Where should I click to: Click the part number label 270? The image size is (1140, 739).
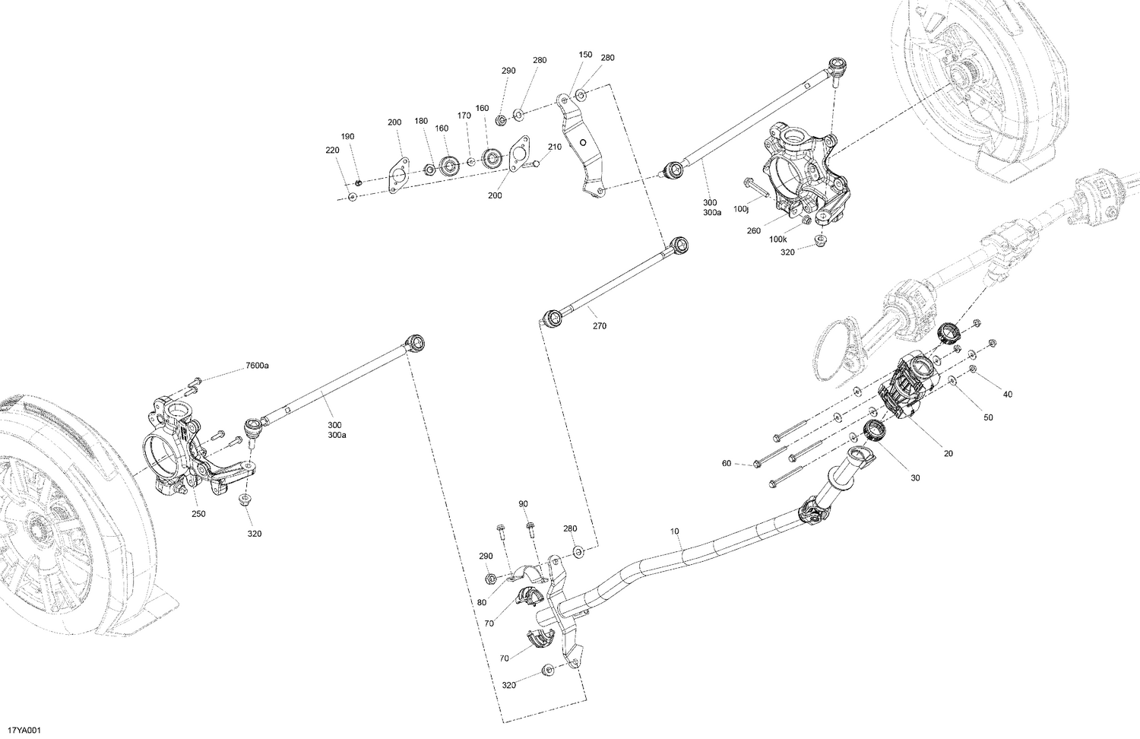(600, 326)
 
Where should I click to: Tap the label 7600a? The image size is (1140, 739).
(257, 366)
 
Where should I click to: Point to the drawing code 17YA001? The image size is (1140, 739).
(21, 731)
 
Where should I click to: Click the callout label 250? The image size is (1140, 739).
(198, 514)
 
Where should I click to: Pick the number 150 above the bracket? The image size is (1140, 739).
(585, 55)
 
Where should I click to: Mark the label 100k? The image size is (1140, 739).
(777, 239)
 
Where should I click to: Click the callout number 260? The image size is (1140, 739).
(753, 231)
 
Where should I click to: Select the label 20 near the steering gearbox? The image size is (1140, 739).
(948, 454)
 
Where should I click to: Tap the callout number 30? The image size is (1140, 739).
(915, 478)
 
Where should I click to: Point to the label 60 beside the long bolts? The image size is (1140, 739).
(727, 463)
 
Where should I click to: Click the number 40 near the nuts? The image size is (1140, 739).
(1008, 395)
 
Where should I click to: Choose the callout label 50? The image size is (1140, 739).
(988, 417)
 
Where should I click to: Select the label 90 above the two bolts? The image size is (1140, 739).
(523, 504)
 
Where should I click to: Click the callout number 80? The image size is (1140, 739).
(482, 603)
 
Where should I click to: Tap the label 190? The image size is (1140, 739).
(347, 137)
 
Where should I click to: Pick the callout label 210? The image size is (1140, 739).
(555, 147)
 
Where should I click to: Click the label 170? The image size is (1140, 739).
(464, 116)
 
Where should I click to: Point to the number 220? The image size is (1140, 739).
(332, 151)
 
